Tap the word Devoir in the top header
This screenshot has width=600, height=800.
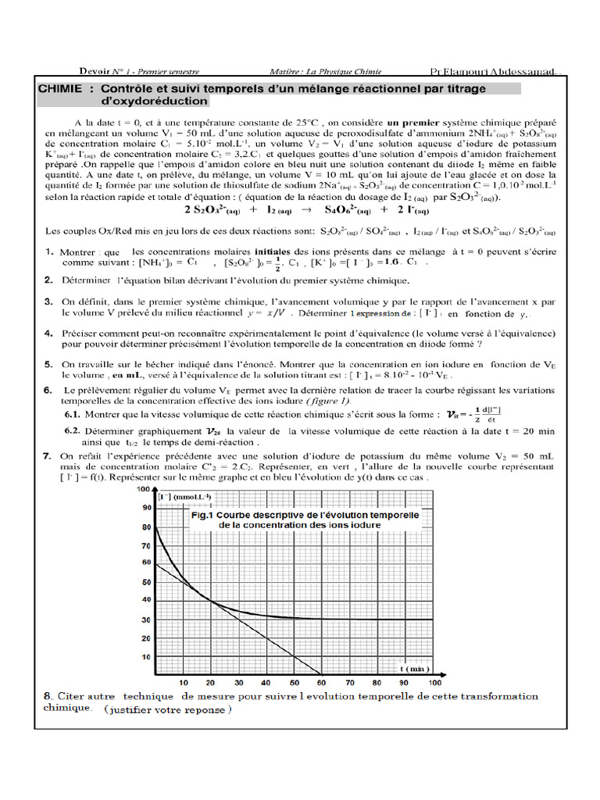point(96,70)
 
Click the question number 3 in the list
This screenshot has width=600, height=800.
point(48,301)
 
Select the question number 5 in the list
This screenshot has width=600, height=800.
point(48,364)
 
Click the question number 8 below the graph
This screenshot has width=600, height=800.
point(48,695)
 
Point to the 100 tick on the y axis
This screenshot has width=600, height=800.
point(144,489)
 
